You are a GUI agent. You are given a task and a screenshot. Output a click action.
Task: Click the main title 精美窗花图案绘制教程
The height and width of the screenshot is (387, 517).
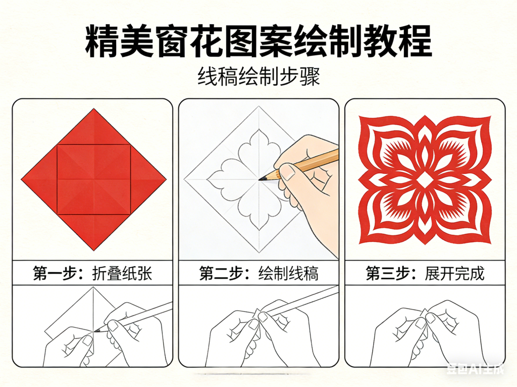258,42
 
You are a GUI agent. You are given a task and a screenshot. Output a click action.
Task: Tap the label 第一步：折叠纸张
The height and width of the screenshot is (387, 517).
93,273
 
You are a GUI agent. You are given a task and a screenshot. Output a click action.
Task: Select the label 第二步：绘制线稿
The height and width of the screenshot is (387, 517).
258,273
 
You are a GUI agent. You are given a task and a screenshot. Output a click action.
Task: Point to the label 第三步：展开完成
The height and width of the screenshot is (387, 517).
425,273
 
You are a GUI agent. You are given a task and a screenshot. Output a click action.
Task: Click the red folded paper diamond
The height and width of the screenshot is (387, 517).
94,179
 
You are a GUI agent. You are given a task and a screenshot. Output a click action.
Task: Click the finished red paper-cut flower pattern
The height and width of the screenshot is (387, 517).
425,180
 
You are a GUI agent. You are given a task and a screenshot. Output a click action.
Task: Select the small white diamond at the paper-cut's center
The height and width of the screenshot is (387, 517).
425,180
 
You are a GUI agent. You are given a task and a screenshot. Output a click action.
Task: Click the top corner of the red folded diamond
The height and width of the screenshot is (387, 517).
94,110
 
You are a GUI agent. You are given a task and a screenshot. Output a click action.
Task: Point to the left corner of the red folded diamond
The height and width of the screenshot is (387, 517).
23,179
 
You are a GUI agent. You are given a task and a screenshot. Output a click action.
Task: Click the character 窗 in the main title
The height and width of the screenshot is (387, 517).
189,42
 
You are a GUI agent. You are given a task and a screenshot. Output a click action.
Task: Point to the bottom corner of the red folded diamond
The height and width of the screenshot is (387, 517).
94,249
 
